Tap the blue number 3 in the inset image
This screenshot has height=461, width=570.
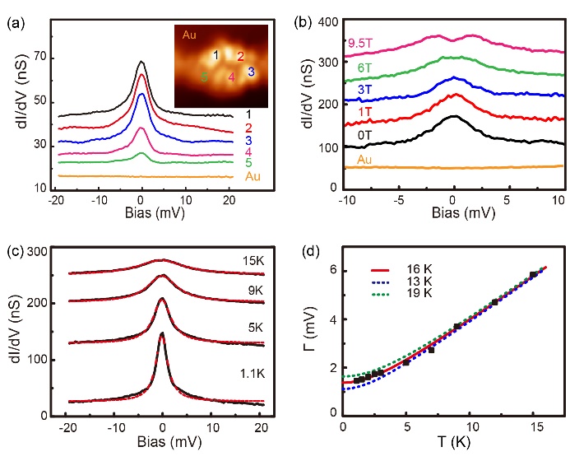point(251,72)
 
